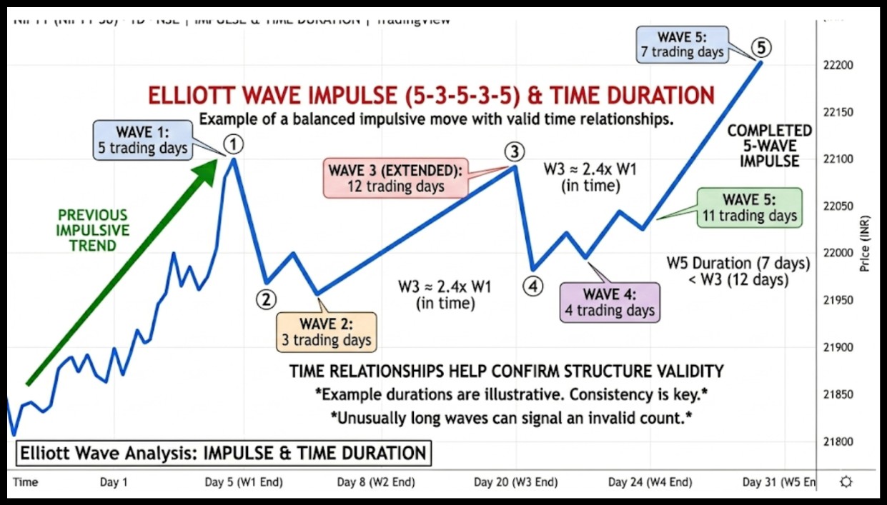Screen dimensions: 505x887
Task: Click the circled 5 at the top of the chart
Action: pyautogui.click(x=761, y=48)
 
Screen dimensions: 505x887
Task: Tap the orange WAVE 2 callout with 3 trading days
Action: pyautogui.click(x=327, y=332)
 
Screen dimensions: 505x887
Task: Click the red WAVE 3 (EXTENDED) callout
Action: pyautogui.click(x=395, y=179)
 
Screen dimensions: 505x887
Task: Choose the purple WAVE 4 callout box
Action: pyautogui.click(x=610, y=302)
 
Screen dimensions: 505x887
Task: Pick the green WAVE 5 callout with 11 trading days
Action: pyautogui.click(x=749, y=208)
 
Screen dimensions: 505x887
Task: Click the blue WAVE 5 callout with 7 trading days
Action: pyautogui.click(x=683, y=44)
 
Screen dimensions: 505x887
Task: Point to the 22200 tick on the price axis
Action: pyautogui.click(x=839, y=65)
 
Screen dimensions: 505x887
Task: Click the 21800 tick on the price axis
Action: pyautogui.click(x=839, y=441)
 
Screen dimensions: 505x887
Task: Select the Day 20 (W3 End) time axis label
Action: pyautogui.click(x=515, y=482)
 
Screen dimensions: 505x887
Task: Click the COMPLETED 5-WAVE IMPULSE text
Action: pyautogui.click(x=769, y=146)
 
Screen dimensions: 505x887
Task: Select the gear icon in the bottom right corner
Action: pyautogui.click(x=846, y=481)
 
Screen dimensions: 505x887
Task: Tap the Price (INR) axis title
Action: pyautogui.click(x=866, y=243)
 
